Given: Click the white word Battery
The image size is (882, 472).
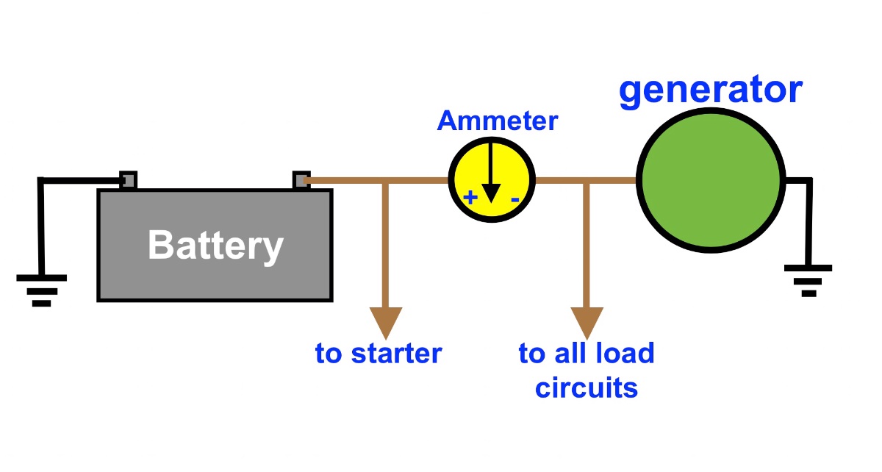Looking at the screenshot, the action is [x=215, y=246].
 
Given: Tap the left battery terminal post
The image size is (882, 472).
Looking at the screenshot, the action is [x=128, y=180].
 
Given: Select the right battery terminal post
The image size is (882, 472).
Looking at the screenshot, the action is [x=301, y=180].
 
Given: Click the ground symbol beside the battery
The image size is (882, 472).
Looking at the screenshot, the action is [x=42, y=290].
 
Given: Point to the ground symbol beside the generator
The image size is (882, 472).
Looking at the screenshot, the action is [x=808, y=281].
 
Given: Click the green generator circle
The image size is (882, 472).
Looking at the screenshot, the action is [x=711, y=180].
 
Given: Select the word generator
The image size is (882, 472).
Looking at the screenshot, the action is [x=711, y=90].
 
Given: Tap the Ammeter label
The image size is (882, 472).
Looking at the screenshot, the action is [x=498, y=121].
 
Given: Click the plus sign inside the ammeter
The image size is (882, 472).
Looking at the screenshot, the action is [x=470, y=197].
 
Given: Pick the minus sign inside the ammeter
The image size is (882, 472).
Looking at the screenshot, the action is [x=515, y=200].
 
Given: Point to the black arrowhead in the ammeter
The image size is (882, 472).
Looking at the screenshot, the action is [x=491, y=193].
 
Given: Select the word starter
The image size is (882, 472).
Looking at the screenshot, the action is [x=396, y=354].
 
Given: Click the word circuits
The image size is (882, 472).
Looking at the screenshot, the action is [x=587, y=388].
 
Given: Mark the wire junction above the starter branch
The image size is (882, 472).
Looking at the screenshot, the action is [x=385, y=180].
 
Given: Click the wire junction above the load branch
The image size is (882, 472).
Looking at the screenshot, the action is [x=587, y=180].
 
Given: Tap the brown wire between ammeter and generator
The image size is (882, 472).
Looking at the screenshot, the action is [x=586, y=180].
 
